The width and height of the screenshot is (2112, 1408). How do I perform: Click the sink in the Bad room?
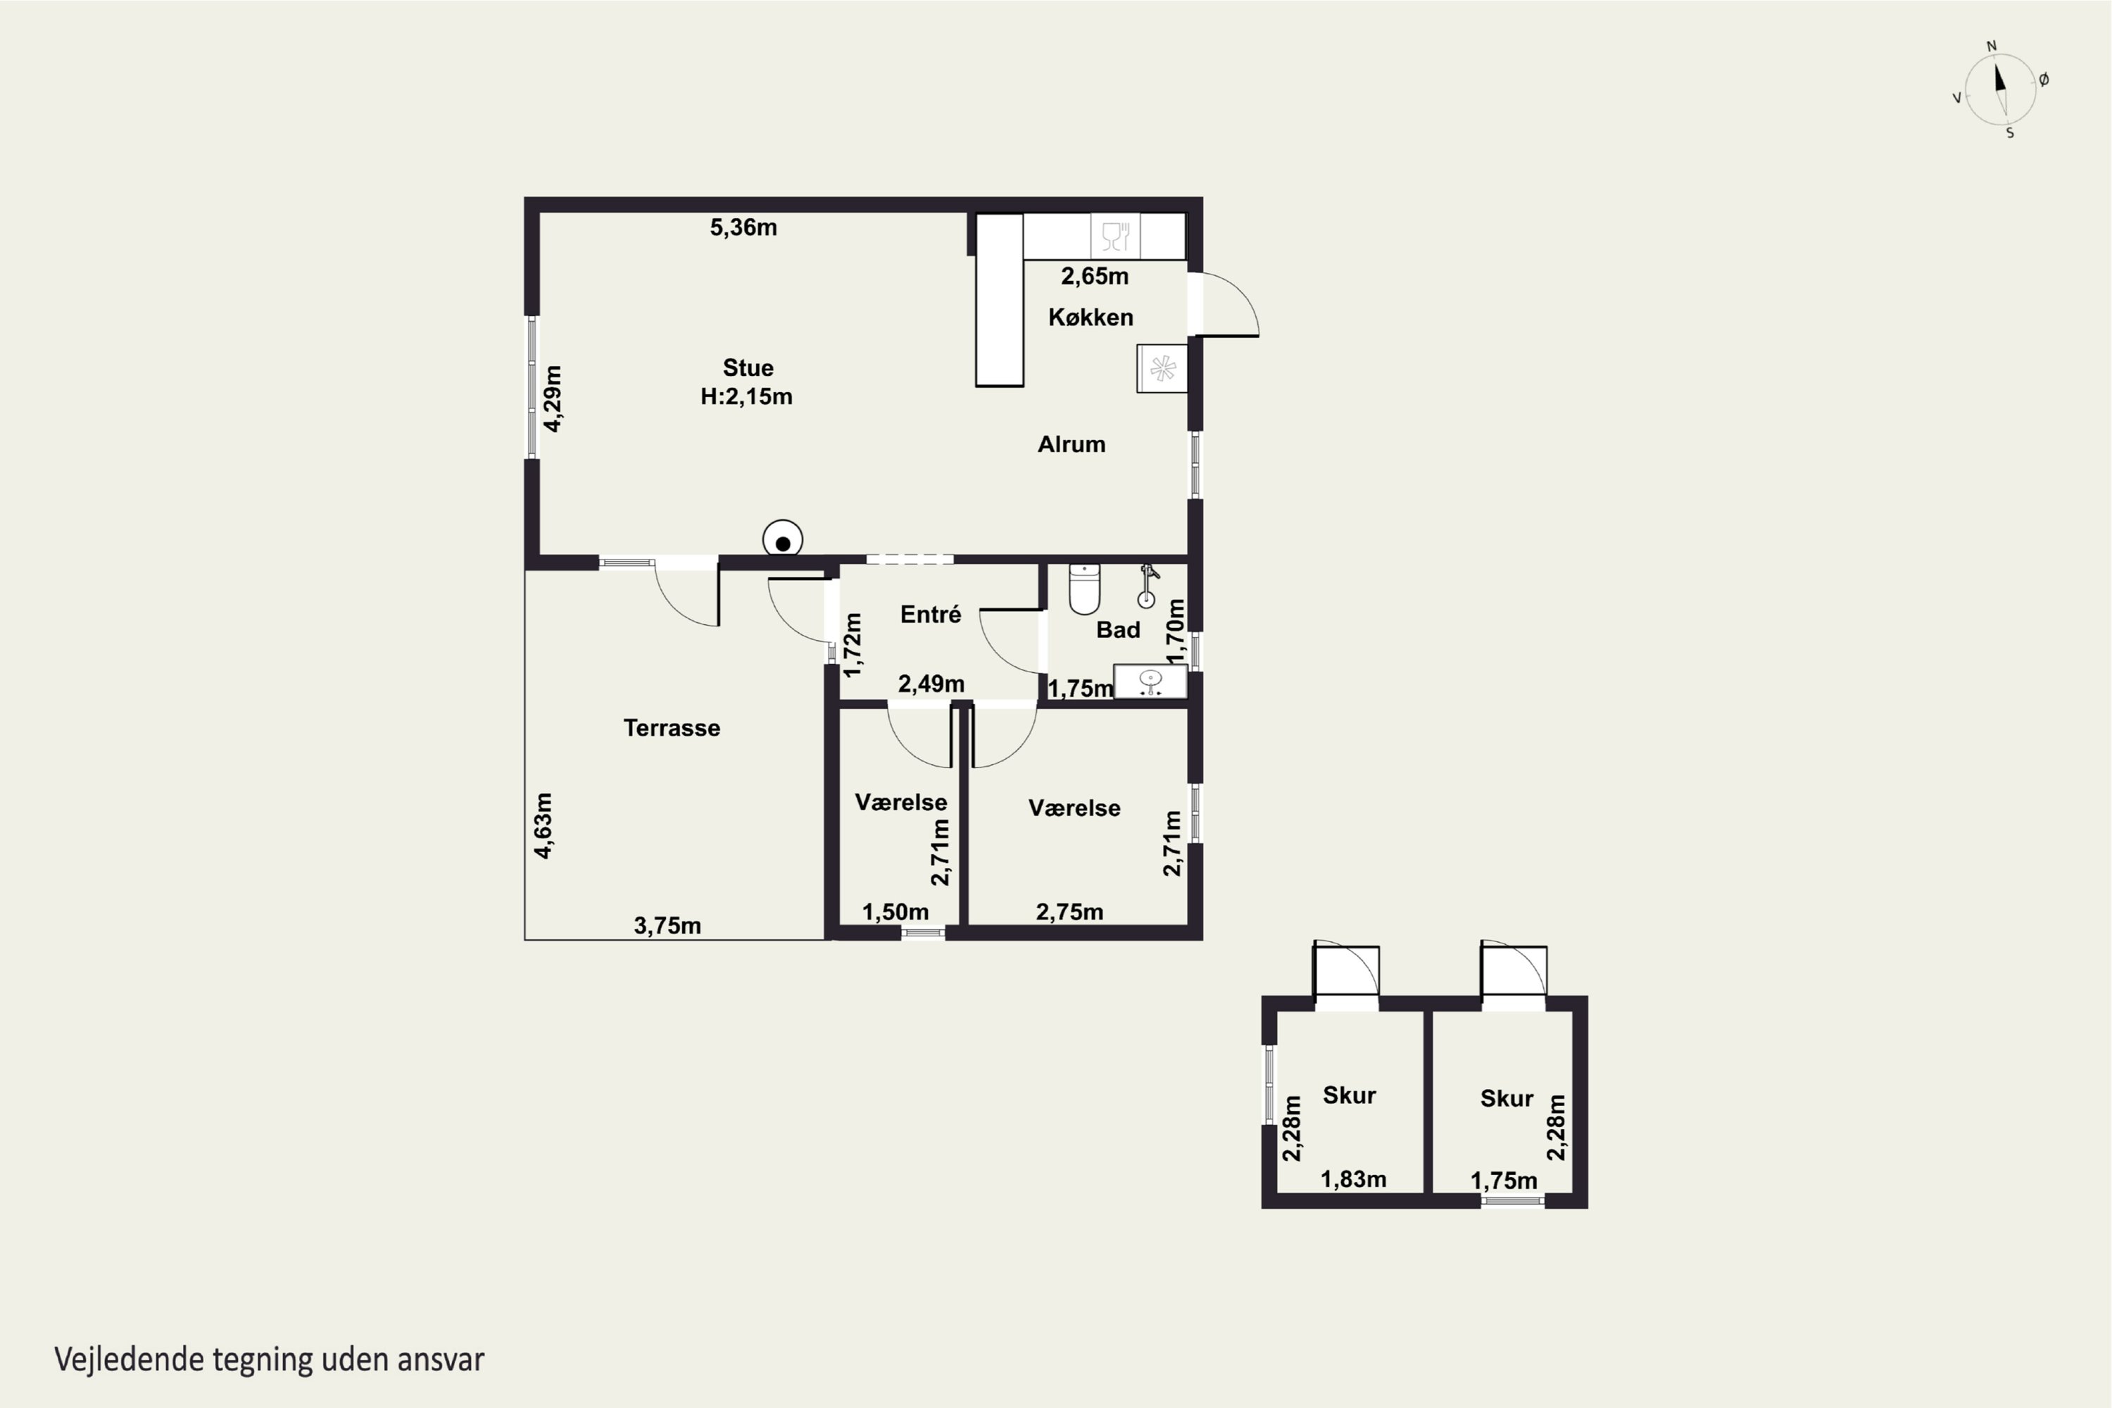pos(1150,681)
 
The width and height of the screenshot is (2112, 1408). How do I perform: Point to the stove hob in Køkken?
pos(1162,368)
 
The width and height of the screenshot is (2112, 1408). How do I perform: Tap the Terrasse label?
pos(672,727)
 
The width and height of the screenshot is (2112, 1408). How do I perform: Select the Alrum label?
pos(1071,444)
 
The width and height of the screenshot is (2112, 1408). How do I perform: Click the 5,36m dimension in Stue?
pos(743,227)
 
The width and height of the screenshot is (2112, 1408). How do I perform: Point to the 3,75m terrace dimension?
pos(667,925)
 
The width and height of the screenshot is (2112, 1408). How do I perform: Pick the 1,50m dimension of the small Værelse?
pos(895,912)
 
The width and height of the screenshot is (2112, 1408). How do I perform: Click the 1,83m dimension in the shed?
pos(1353,1179)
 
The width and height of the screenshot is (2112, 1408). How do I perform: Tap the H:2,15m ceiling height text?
pos(746,396)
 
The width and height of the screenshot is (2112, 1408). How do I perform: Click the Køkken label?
pos(1091,317)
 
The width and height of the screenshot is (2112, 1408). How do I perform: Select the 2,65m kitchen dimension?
pos(1095,276)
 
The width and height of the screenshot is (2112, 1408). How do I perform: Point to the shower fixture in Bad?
pos(1148,586)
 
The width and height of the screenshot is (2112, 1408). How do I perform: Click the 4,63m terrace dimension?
pos(543,825)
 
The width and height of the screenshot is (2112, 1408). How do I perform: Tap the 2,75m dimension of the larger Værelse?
pos(1069,912)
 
